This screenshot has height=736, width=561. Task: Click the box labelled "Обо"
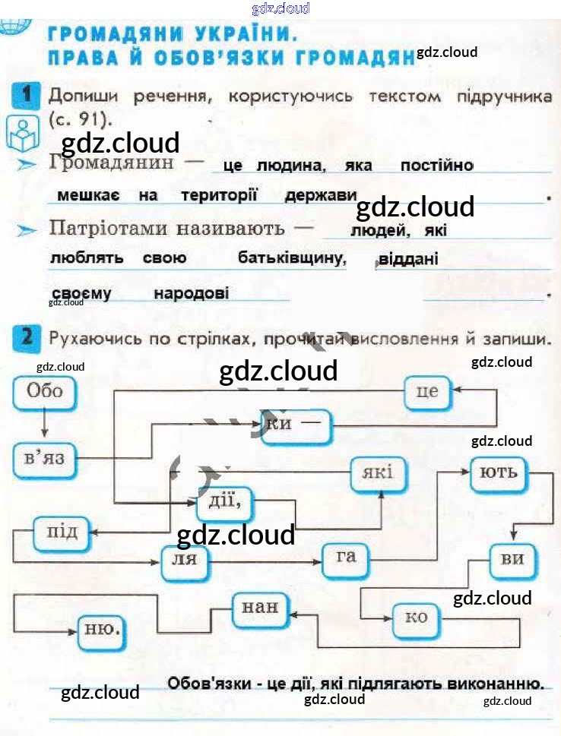pyautogui.click(x=44, y=393)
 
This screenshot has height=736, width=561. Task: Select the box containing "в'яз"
pyautogui.click(x=45, y=459)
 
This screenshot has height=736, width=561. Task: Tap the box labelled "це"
pyautogui.click(x=428, y=393)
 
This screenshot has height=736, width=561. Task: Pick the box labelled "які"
pyautogui.click(x=378, y=474)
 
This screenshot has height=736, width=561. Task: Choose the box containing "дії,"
pyautogui.click(x=224, y=501)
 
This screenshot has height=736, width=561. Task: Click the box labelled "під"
pyautogui.click(x=62, y=532)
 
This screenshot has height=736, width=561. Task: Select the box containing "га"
pyautogui.click(x=346, y=558)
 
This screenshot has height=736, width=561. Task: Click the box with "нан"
pyautogui.click(x=261, y=608)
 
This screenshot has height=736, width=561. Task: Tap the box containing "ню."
pyautogui.click(x=103, y=629)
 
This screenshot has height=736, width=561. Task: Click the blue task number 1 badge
pyautogui.click(x=26, y=96)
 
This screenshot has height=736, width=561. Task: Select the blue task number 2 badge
pyautogui.click(x=26, y=337)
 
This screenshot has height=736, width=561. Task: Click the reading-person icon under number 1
pyautogui.click(x=23, y=134)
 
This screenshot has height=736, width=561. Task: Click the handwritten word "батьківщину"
pyautogui.click(x=293, y=258)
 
